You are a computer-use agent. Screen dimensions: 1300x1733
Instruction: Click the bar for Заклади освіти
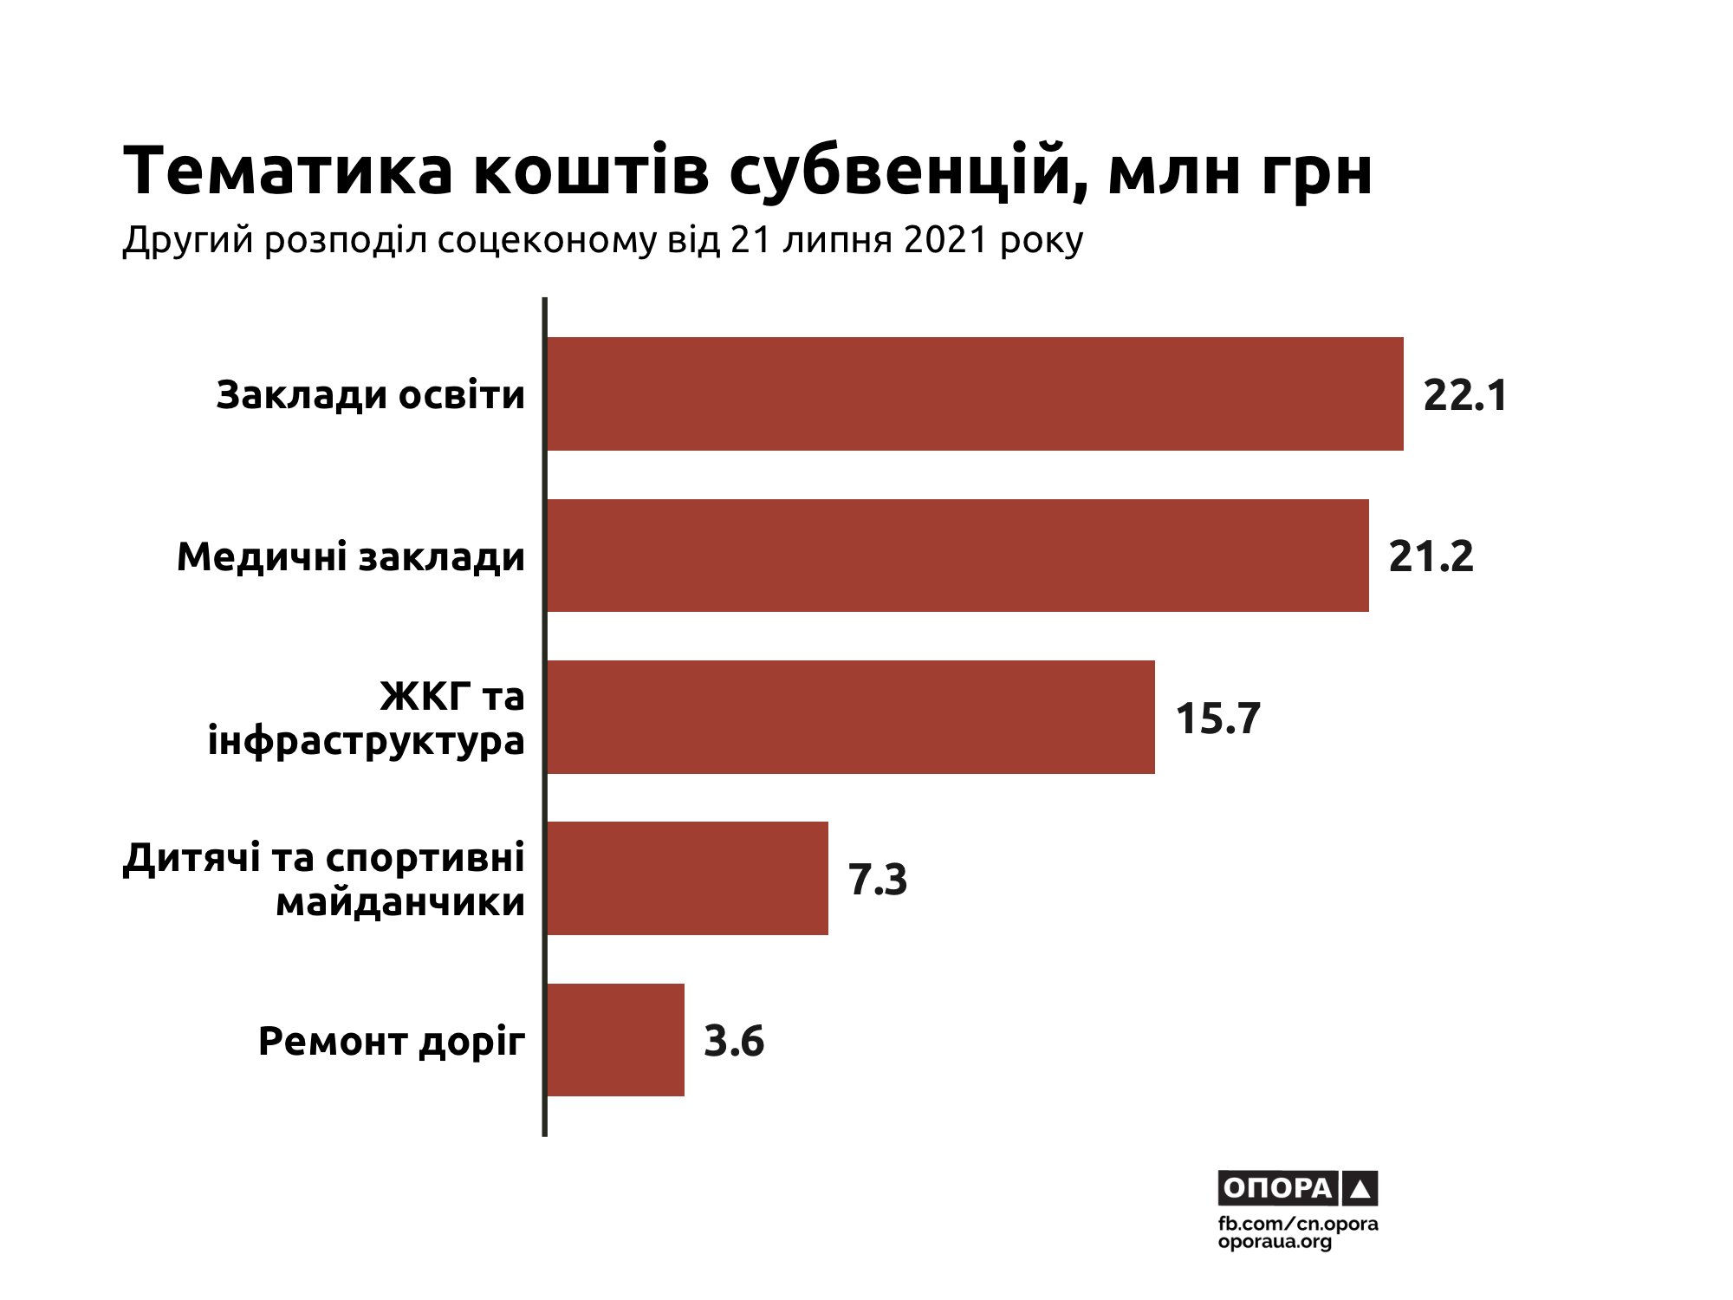[x=975, y=393]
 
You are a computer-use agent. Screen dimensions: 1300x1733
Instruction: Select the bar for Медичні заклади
[x=957, y=556]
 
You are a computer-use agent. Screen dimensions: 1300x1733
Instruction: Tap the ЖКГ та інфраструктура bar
[x=850, y=717]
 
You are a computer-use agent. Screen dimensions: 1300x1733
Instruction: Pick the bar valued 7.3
[x=687, y=878]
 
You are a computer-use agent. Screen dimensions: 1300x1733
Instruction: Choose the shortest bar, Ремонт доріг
[x=615, y=1040]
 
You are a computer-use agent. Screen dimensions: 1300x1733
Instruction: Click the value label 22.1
[x=1465, y=395]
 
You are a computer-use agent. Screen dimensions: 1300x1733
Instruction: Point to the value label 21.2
[x=1431, y=556]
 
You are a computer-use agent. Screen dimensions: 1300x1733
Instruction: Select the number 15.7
[x=1217, y=718]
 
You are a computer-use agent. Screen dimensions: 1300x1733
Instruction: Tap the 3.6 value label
[x=734, y=1041]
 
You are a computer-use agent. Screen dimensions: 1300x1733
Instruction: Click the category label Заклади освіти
[x=371, y=395]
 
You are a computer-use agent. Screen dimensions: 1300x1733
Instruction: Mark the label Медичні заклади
[x=351, y=556]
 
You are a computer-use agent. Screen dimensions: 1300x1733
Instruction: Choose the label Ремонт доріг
[x=392, y=1041]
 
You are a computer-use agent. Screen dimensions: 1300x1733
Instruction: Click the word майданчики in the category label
[x=400, y=902]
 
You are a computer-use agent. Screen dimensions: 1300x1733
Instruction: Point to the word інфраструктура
[x=367, y=742]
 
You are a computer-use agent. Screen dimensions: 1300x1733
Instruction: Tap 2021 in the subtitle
[x=945, y=240]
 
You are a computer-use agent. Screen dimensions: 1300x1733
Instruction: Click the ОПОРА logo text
[x=1277, y=1187]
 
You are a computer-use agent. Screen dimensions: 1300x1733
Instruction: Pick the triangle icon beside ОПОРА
[x=1360, y=1188]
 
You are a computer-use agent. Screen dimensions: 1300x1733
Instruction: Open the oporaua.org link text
[x=1275, y=1242]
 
